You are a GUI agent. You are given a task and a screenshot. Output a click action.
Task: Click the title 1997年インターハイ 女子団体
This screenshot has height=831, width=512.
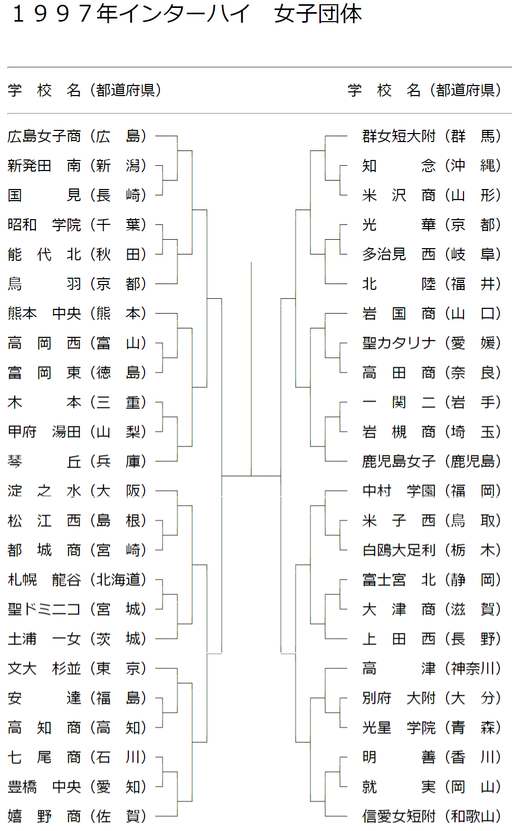coord(187,14)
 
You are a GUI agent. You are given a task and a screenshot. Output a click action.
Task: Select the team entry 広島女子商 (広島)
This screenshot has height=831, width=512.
coord(77,136)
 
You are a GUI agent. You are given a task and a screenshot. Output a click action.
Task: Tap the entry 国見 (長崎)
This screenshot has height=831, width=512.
coord(77,195)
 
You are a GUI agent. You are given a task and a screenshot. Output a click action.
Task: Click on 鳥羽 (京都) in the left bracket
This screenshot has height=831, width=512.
coord(77,284)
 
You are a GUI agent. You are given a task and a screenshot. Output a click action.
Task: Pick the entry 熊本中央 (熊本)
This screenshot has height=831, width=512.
coord(77,314)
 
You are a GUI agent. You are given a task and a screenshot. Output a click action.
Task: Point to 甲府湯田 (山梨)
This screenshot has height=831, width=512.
coord(77,432)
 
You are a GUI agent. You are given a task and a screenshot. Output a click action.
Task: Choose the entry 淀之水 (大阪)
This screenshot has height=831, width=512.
coord(77,491)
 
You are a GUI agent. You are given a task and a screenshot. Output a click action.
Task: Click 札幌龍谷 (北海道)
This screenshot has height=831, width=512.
coord(77,580)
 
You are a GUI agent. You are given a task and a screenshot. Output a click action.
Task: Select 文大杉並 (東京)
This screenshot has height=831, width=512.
coord(77,668)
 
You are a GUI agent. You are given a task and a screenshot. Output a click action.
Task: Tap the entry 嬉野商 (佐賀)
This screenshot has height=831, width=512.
coord(77,816)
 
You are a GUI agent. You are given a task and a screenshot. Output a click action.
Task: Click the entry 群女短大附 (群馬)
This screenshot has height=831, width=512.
coord(432,136)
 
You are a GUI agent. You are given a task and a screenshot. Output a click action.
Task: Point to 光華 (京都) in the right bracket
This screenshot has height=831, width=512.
coord(432,225)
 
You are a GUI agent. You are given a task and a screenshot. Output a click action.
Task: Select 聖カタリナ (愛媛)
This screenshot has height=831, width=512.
coord(432,343)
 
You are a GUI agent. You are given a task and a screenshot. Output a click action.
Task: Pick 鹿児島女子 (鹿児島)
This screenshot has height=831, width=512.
coord(432,461)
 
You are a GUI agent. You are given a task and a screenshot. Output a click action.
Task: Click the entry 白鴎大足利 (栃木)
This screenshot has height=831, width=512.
coord(432,550)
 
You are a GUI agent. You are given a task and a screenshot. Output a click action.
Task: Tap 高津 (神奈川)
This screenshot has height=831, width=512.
coord(432,668)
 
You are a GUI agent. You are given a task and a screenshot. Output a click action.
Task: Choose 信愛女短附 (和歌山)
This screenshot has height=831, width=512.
coord(432,816)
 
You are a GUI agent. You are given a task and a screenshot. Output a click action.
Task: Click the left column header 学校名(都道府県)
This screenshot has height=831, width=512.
coord(84,90)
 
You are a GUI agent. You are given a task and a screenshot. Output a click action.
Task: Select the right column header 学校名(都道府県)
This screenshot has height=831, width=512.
coord(424,90)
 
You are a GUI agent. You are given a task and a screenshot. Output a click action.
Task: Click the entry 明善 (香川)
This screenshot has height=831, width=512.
coord(432,757)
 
